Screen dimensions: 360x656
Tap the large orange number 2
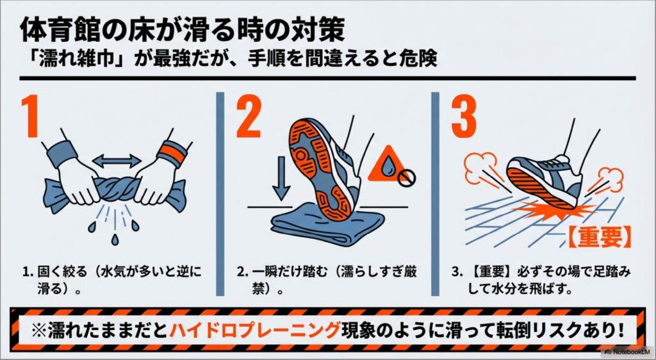[x=250, y=115]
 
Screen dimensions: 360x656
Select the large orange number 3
[x=464, y=115]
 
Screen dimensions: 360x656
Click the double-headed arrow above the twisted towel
[x=117, y=160]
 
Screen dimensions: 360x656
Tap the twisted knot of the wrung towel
[x=117, y=190]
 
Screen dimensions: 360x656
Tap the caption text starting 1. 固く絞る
[x=112, y=278]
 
